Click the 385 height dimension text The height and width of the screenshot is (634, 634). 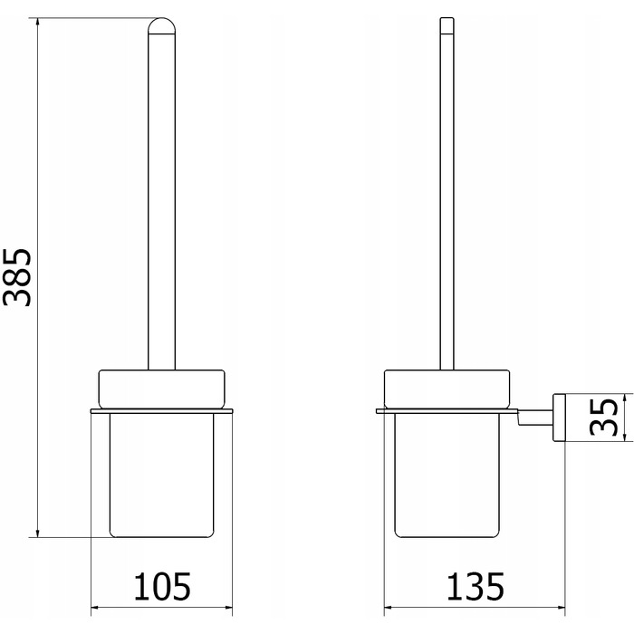click(17, 277)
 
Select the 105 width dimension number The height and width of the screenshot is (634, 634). click(162, 586)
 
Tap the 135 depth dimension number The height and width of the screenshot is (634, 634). click(475, 586)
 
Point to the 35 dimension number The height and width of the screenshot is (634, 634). click(604, 417)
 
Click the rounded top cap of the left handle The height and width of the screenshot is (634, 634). click(162, 25)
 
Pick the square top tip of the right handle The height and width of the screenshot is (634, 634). click(447, 25)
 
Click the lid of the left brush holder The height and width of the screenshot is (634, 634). click(162, 389)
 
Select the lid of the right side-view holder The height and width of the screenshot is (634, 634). click(447, 389)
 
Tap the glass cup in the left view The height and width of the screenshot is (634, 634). click(162, 475)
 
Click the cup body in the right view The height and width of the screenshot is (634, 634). click(447, 475)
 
